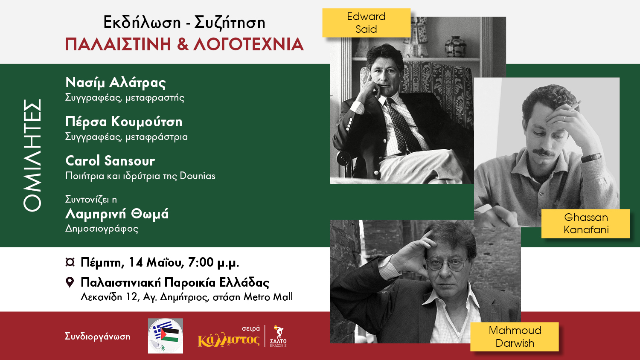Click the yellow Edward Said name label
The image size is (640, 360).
coord(366,23)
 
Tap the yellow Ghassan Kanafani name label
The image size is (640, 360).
coord(586,224)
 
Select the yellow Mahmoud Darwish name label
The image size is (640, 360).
coord(515,337)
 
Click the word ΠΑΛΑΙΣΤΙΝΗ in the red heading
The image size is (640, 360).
coord(118,44)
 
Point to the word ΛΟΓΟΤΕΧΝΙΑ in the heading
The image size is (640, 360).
coord(249,44)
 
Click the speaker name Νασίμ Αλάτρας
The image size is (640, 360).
coord(116,83)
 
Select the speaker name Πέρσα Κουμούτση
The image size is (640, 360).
coord(124,122)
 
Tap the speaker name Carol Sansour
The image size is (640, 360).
coord(110,161)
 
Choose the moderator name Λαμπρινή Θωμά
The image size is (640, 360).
coord(117,214)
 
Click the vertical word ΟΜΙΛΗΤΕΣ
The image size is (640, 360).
coord(32,155)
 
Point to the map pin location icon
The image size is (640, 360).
coord(70,282)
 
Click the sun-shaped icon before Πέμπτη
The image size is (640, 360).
coord(70,262)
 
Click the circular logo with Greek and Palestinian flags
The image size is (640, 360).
coord(166,336)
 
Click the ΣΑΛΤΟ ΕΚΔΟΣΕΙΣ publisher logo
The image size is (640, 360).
coord(278,336)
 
